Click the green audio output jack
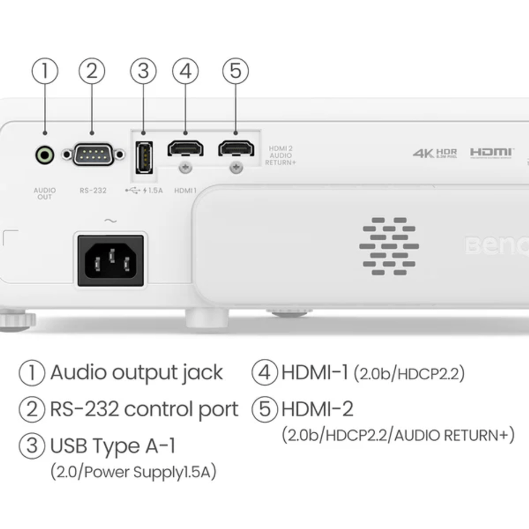pos(45,155)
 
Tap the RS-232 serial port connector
pos(93,154)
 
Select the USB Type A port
pos(142,157)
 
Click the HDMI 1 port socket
pos(185,148)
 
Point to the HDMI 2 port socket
pos(236,148)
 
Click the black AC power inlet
pos(111,260)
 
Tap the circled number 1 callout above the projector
pos(45,71)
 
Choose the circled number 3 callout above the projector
pos(143,71)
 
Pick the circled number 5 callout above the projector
pos(235,71)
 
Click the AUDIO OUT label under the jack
pos(44,194)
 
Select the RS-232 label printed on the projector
pos(93,190)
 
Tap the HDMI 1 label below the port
pos(185,190)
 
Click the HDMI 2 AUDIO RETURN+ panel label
pos(282,156)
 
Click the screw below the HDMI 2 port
pos(236,168)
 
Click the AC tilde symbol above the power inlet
pos(111,221)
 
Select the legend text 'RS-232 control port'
pos(144,409)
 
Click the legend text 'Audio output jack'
pos(136,372)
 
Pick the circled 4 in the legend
pos(264,372)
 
